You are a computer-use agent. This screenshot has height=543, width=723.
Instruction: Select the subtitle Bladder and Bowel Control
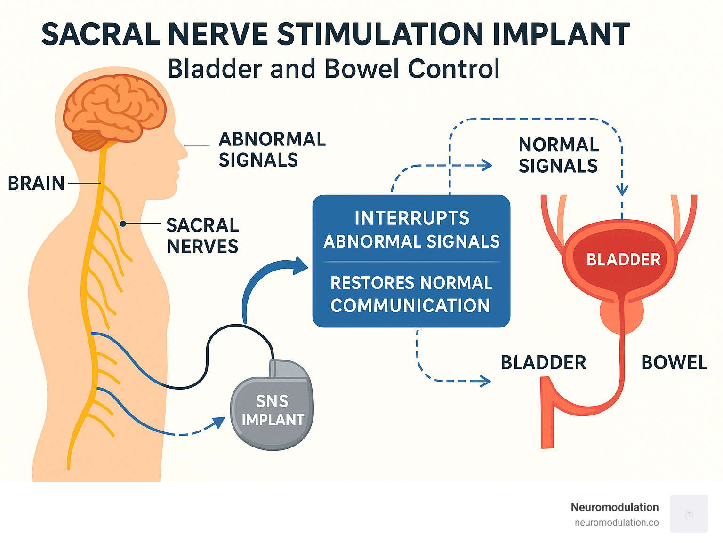333,69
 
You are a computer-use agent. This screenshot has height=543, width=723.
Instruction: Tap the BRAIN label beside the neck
36,183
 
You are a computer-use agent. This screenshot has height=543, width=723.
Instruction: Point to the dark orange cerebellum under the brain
89,140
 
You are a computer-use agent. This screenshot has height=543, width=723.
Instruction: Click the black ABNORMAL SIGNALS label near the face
272,150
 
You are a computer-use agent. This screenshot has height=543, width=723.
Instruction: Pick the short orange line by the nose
196,146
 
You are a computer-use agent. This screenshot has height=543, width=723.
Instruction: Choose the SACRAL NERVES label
202,236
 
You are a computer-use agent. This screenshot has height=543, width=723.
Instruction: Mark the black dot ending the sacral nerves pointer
122,224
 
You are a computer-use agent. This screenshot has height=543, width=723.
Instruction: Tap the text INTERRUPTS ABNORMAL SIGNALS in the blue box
411,230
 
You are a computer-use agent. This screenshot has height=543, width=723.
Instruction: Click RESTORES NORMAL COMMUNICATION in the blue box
411,294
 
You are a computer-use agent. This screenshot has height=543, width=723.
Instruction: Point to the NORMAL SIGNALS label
558,155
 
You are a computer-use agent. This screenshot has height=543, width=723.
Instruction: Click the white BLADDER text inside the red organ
623,260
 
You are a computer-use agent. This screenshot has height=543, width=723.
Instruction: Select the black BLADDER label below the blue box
543,363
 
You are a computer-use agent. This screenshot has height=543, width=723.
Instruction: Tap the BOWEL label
674,363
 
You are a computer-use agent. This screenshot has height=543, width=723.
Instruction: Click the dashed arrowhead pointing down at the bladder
622,190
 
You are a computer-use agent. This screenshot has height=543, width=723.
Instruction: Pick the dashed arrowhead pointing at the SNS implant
219,422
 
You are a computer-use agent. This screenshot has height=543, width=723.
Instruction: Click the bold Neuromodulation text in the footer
614,507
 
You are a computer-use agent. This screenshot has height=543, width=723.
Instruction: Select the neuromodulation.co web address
616,523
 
